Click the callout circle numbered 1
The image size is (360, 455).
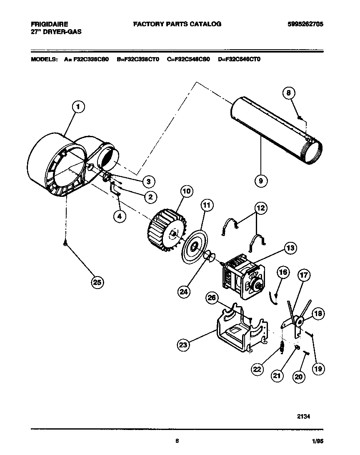[x=77, y=107]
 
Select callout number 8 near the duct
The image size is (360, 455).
[x=288, y=94]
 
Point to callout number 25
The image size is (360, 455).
[x=97, y=282]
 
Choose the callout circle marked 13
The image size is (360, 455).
[x=290, y=248]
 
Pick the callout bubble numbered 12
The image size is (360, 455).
[x=261, y=208]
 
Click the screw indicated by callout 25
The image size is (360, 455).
[x=65, y=245]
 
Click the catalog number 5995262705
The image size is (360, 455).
[x=305, y=24]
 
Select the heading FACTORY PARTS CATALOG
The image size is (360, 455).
[x=177, y=24]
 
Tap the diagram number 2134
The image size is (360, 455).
[x=303, y=416]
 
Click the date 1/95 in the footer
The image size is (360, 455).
[x=317, y=442]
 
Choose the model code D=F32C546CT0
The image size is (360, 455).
[x=239, y=60]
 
